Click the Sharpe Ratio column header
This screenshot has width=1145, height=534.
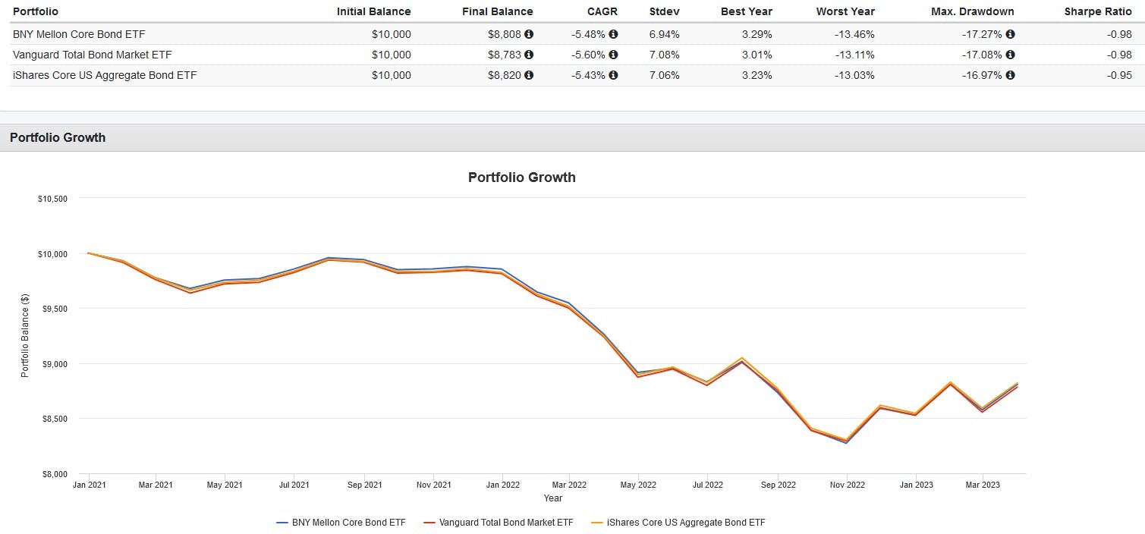click(x=1098, y=11)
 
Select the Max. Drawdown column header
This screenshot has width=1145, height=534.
click(x=973, y=11)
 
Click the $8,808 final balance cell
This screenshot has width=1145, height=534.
click(x=505, y=34)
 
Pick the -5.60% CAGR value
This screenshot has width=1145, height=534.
click(x=588, y=55)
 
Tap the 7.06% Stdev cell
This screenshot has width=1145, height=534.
click(x=664, y=75)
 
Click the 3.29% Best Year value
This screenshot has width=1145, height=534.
click(x=757, y=34)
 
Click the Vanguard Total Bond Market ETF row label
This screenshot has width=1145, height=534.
click(x=93, y=55)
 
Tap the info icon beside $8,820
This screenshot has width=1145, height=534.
click(x=529, y=75)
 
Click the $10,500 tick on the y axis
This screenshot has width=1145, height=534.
click(x=52, y=199)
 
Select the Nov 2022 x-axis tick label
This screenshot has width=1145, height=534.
click(x=847, y=485)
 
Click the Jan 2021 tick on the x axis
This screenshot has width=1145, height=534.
click(x=89, y=485)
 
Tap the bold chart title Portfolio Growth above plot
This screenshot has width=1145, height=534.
click(x=521, y=177)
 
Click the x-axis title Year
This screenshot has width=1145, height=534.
click(x=552, y=498)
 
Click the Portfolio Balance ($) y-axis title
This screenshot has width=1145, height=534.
click(x=24, y=335)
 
